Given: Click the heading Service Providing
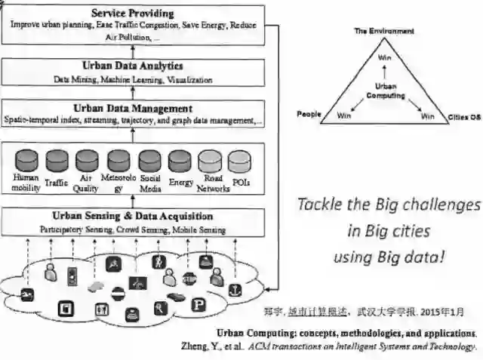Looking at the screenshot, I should pos(132,13).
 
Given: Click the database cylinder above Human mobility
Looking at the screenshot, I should pos(26,161).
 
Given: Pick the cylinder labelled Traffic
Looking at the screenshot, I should pos(57,161).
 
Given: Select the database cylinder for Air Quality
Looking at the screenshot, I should pos(86,161).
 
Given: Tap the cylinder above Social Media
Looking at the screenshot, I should pos(149,161).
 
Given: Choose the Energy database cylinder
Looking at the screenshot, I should pos(180,161).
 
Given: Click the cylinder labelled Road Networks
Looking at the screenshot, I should pos(209,161).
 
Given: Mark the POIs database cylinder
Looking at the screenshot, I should pos(239,161).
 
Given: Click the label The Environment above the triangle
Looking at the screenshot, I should pos(384,32).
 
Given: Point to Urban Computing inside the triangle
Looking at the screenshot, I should pos(386,91).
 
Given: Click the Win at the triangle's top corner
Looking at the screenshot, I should pos(384,57).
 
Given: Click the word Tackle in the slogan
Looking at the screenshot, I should pos(319,205).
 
